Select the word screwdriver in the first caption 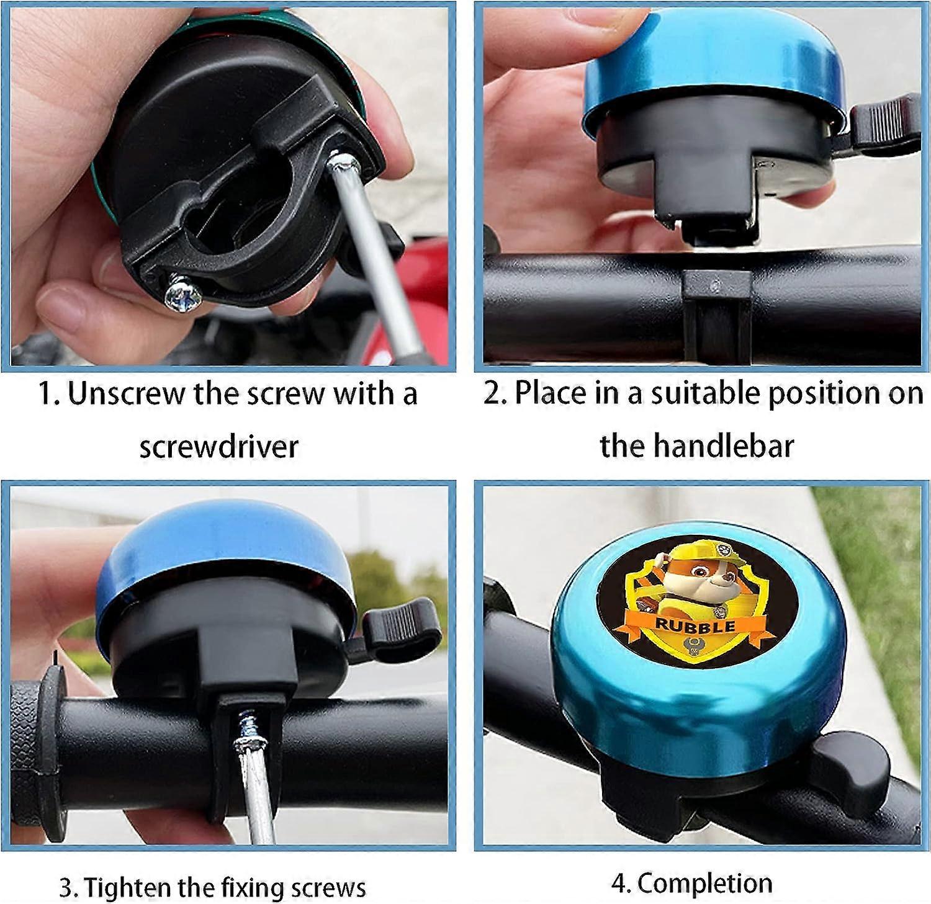218,446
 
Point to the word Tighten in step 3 128,887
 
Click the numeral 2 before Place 492,393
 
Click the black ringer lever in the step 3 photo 402,627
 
